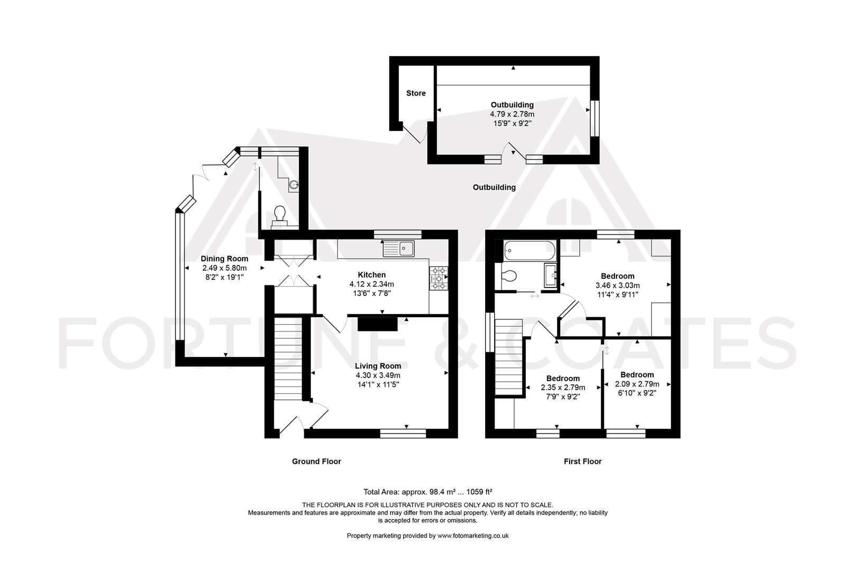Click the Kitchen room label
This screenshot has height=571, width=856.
point(371,275)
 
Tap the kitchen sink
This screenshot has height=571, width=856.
point(399,248)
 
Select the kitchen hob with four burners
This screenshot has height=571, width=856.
point(439,278)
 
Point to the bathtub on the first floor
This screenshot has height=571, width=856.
point(529,251)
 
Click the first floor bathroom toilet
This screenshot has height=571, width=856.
point(509,276)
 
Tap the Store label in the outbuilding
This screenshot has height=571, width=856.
point(416,94)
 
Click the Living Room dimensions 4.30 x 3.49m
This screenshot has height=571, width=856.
point(378,375)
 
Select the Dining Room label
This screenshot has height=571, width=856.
point(224,259)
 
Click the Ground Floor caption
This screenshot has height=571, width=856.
point(317,462)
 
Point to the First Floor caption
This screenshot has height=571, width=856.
point(582,462)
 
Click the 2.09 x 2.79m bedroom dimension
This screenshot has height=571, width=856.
point(637,384)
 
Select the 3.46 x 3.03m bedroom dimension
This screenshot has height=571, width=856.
point(617,285)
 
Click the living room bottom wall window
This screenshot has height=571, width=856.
point(403,434)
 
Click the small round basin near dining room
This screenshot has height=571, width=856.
point(294,185)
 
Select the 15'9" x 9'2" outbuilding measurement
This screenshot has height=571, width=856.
point(511,123)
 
